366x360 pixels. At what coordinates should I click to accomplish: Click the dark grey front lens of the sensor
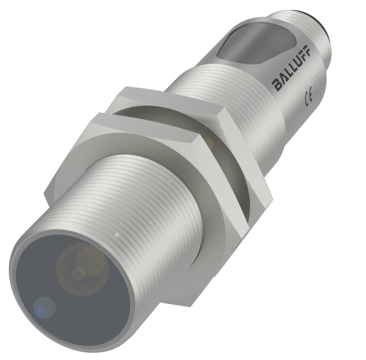pos(73,291)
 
